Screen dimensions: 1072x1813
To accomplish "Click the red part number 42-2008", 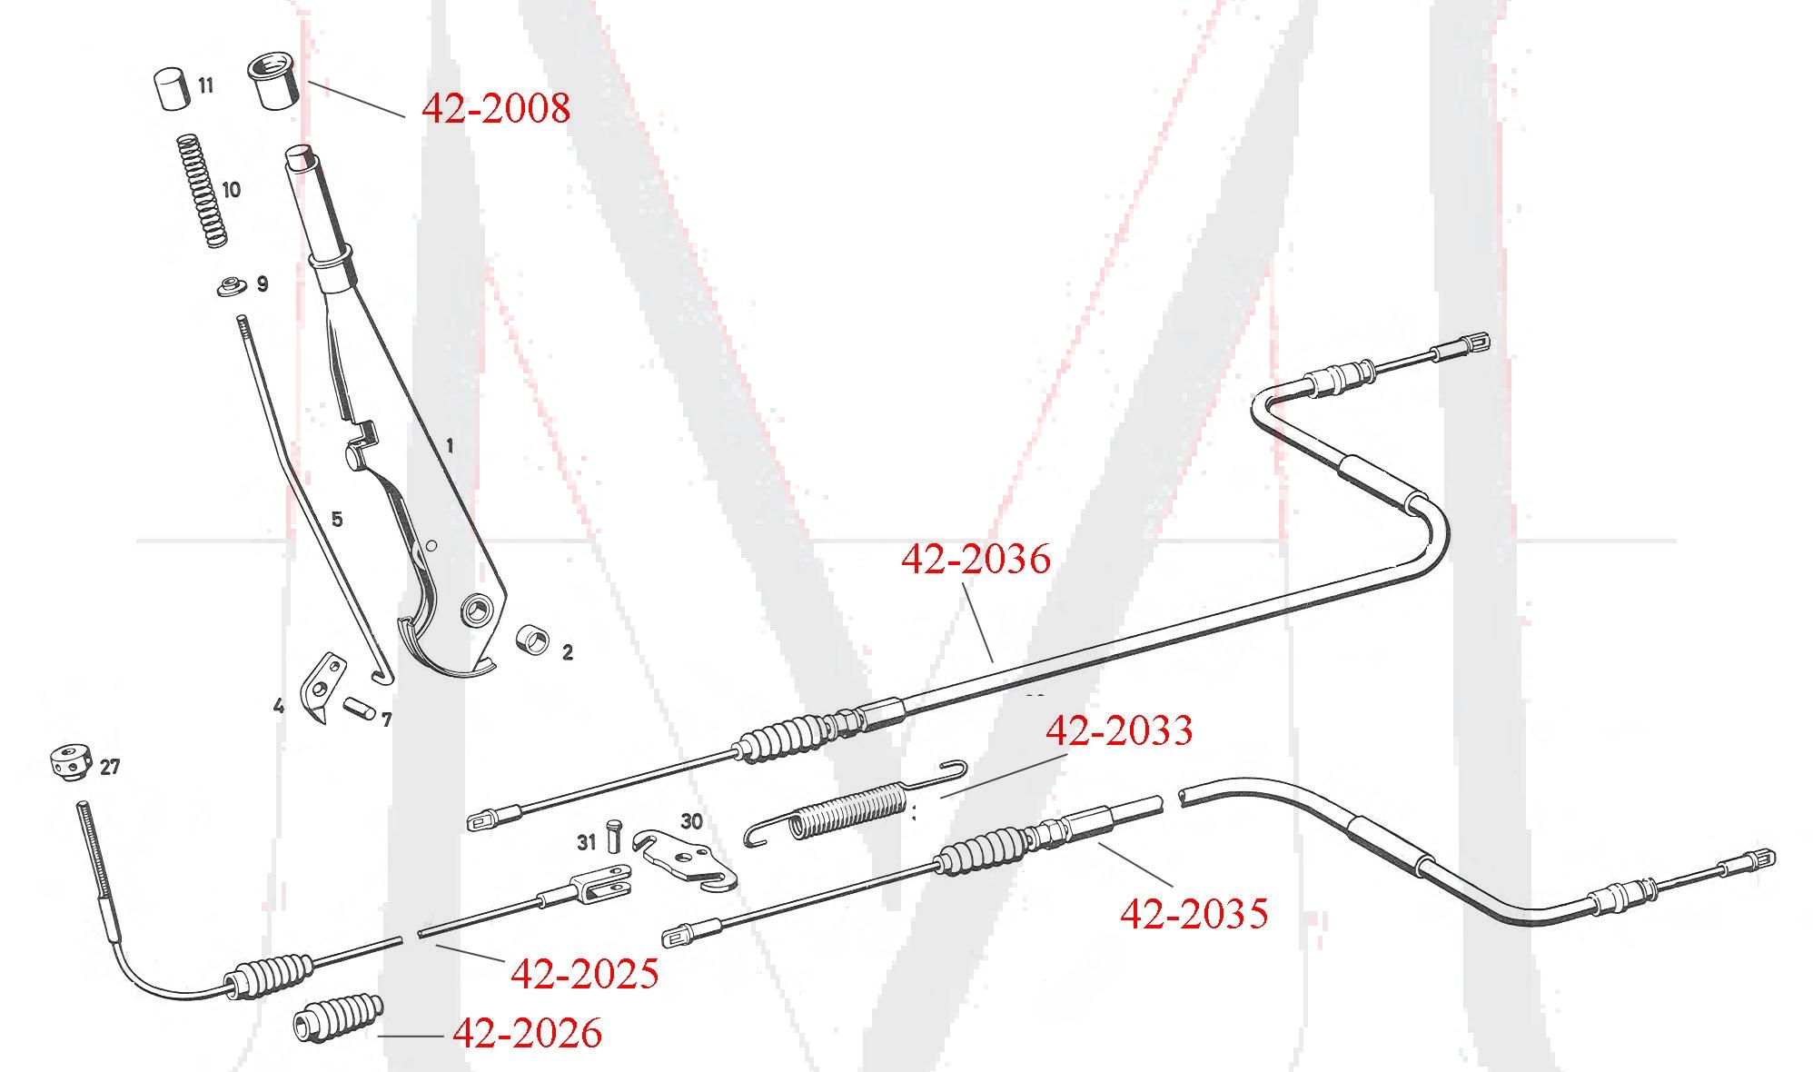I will click(x=496, y=108).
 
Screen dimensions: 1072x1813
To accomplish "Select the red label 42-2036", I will click(x=976, y=559).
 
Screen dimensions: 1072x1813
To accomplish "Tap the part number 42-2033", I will click(x=1119, y=730).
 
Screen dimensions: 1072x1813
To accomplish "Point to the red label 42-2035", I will click(x=1194, y=913).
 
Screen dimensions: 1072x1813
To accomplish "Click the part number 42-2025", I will click(x=584, y=974).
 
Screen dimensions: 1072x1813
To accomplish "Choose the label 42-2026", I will click(x=527, y=1033).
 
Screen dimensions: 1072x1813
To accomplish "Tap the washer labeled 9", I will click(x=233, y=288).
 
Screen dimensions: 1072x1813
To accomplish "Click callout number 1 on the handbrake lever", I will click(x=450, y=446).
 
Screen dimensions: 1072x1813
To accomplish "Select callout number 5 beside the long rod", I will click(x=337, y=520).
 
